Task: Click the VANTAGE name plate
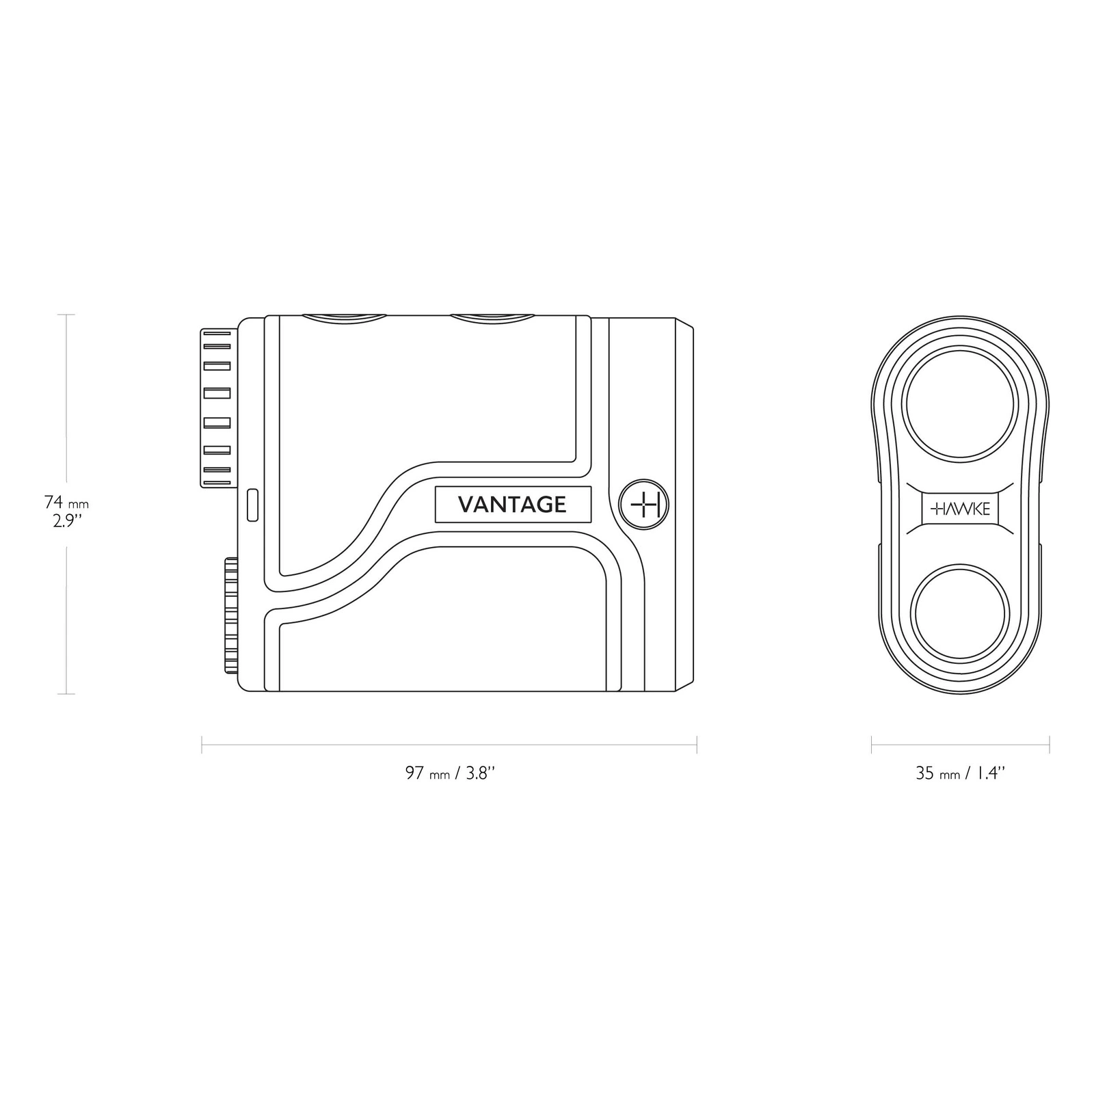513,505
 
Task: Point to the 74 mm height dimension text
66,503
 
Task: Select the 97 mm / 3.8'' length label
449,773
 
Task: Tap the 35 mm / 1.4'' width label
960,773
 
